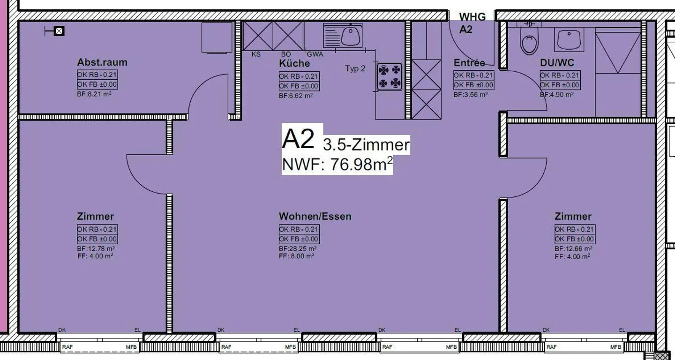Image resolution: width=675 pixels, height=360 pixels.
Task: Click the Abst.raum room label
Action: (102, 62)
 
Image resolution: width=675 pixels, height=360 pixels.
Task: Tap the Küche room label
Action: (294, 63)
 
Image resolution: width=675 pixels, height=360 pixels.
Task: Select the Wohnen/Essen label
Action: (315, 216)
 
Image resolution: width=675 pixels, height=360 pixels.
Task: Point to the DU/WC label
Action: (557, 63)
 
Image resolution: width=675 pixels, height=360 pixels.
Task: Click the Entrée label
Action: (469, 63)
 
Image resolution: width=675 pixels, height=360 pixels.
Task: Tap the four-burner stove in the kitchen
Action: (390, 76)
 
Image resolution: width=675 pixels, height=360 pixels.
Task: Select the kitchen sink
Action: (343, 36)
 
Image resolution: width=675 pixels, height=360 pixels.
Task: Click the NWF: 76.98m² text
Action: (337, 165)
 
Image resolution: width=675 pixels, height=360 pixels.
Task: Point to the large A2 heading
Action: (298, 139)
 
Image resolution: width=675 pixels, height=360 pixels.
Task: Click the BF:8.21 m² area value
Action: (94, 94)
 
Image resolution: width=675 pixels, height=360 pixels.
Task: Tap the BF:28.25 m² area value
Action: (298, 248)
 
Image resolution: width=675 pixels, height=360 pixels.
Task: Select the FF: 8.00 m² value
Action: (297, 256)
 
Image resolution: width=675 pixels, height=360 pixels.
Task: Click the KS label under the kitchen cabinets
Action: (256, 54)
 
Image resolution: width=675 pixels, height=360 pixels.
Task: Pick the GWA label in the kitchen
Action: (315, 54)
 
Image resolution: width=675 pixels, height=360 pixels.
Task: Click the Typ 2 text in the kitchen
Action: (355, 68)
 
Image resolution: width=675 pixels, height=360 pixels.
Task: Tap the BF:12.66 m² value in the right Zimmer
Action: (573, 249)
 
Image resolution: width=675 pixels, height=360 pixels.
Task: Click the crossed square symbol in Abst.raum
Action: (59, 31)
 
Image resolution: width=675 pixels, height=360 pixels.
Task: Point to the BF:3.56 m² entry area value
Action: (471, 95)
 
